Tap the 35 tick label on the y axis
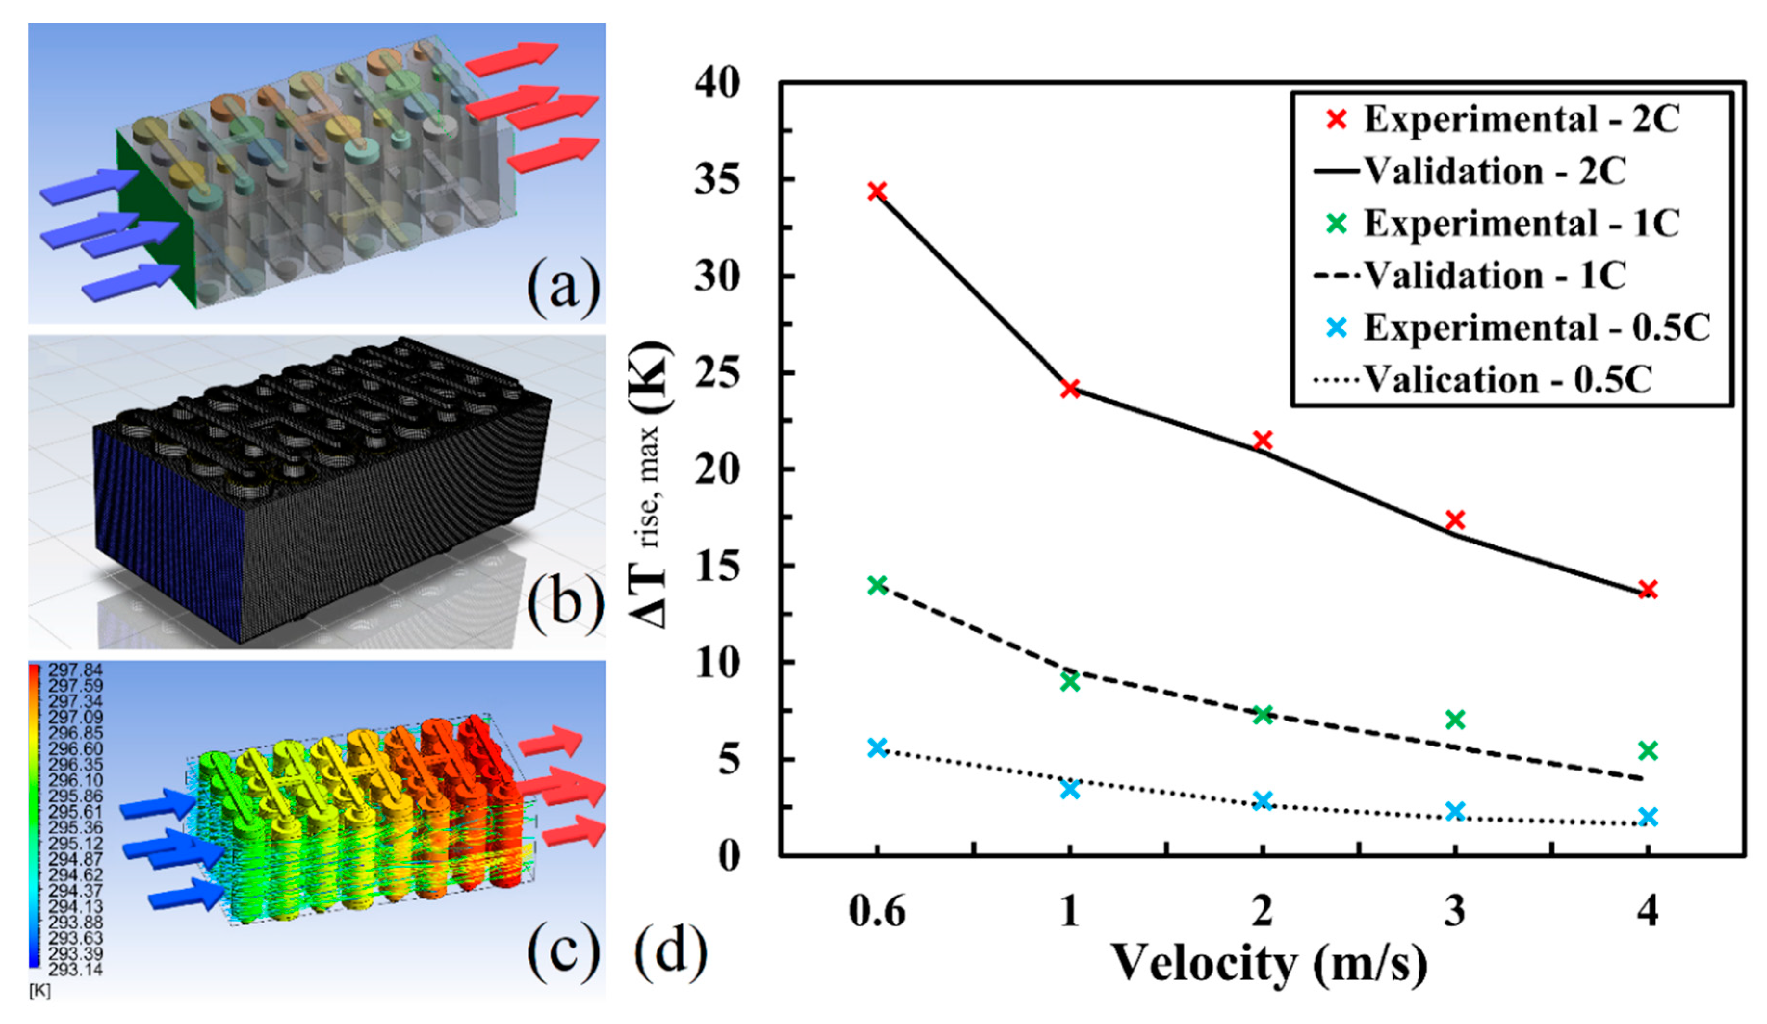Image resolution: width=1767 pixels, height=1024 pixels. [x=717, y=180]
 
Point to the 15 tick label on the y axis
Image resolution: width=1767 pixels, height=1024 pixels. [x=717, y=566]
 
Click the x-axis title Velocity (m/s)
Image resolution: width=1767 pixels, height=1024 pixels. [x=1269, y=964]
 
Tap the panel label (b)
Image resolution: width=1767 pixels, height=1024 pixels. [x=563, y=601]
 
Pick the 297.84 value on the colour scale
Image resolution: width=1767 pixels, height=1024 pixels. [x=75, y=670]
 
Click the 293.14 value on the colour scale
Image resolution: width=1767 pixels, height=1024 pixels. [x=75, y=969]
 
